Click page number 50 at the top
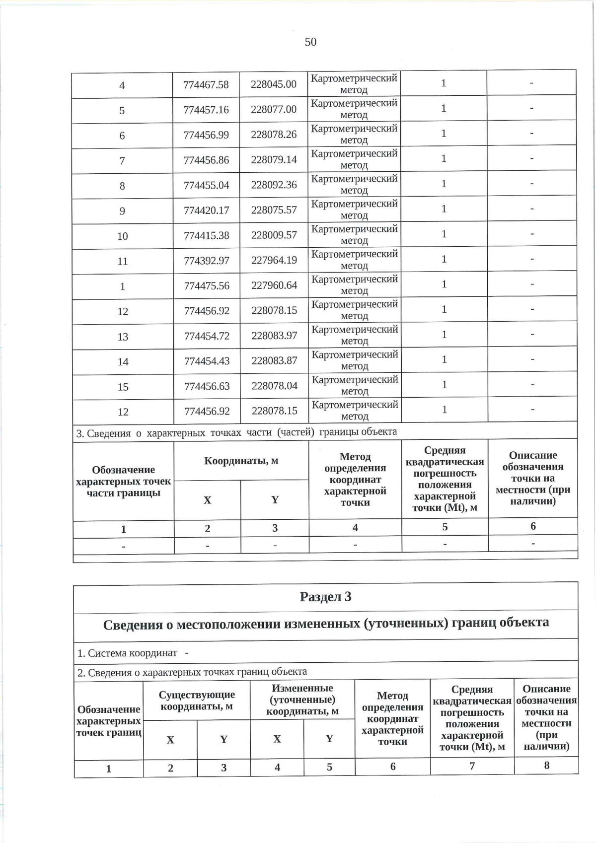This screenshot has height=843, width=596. click(310, 42)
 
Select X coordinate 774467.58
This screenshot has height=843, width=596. click(206, 84)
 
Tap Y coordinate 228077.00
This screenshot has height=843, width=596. click(274, 109)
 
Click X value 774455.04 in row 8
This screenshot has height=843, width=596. click(206, 185)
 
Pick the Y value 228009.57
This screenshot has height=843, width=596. click(274, 235)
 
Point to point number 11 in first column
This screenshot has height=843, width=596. click(123, 261)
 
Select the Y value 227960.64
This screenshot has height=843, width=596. click(274, 285)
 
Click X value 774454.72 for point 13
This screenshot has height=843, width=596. click(207, 336)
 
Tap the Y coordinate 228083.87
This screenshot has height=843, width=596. click(274, 361)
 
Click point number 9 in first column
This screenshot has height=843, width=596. click(122, 211)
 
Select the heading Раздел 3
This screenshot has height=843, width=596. click(326, 597)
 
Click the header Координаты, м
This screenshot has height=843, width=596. click(241, 461)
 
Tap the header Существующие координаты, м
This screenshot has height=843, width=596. click(197, 700)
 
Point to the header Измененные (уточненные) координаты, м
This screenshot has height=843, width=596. click(302, 700)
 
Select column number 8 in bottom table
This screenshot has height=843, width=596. click(546, 765)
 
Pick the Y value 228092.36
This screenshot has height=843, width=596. click(274, 185)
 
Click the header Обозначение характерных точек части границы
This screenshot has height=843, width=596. click(123, 481)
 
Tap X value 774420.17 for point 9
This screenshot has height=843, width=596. click(206, 211)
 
